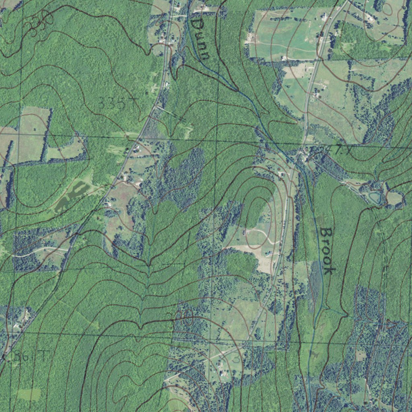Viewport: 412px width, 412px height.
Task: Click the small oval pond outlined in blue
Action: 375,198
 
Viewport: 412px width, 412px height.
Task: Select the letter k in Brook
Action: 328,269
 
